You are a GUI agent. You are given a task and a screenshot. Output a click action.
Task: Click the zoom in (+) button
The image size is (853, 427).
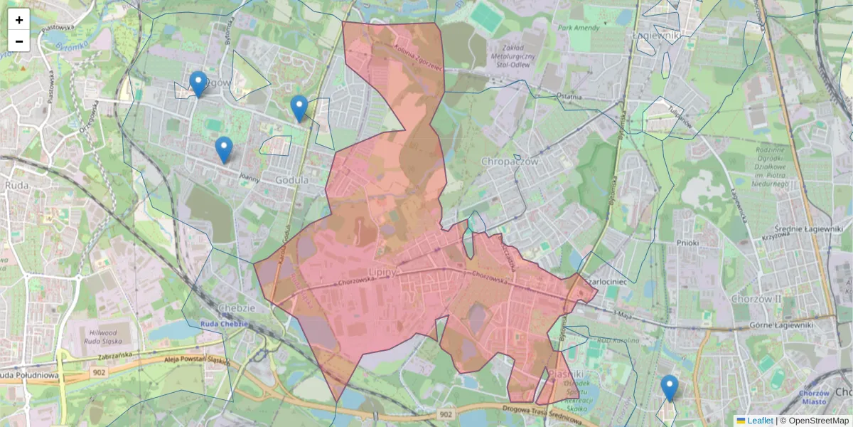(x=19, y=20)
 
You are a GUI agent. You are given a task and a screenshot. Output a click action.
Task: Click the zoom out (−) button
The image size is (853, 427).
(x=19, y=41)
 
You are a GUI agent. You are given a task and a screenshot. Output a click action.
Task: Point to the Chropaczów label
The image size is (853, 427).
(x=511, y=162)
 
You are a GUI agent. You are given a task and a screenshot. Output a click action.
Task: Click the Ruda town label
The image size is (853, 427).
(x=16, y=185)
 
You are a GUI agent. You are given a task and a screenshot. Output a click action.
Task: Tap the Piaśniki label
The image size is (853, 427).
(x=566, y=374)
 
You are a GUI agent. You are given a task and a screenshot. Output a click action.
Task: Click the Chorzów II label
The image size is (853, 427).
(x=758, y=299)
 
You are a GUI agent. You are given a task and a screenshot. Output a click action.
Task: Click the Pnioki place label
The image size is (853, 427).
(x=688, y=243)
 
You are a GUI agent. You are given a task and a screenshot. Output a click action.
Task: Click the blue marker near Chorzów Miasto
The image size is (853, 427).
(x=669, y=387)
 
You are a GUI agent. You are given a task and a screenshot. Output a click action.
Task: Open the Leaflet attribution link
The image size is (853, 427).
(x=760, y=421)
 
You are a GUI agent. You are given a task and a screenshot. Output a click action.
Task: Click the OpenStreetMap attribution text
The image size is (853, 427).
(x=818, y=421)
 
